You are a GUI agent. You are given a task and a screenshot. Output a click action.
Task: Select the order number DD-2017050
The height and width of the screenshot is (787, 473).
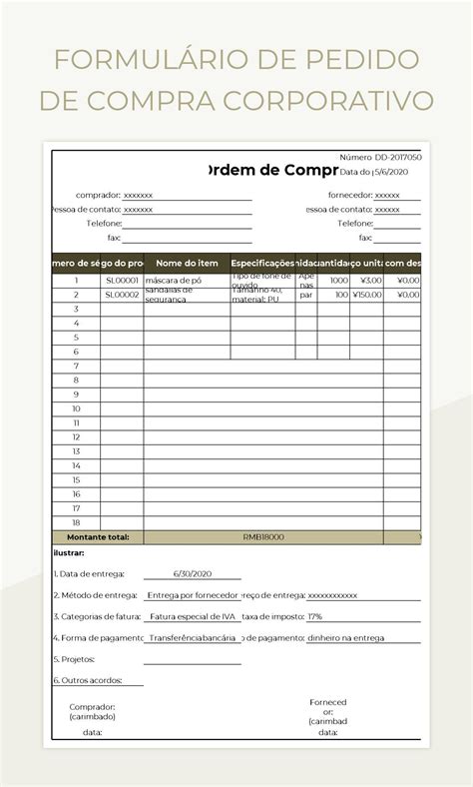(x=397, y=158)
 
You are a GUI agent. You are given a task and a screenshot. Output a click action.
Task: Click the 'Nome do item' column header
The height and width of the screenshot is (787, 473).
(x=187, y=263)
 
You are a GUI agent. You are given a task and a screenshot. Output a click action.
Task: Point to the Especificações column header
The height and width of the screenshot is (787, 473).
(x=262, y=263)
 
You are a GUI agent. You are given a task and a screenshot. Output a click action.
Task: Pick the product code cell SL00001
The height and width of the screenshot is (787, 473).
(x=122, y=281)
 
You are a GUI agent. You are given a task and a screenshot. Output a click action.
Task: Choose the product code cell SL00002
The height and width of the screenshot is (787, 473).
(x=122, y=295)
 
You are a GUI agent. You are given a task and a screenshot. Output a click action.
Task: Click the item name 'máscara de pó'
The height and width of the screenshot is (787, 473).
(x=176, y=281)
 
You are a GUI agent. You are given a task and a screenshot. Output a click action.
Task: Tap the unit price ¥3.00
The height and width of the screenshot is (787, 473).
(x=370, y=281)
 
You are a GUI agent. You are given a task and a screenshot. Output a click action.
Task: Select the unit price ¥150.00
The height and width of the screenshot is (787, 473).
(x=366, y=295)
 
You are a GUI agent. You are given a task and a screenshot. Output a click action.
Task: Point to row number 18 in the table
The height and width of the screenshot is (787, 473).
(x=76, y=522)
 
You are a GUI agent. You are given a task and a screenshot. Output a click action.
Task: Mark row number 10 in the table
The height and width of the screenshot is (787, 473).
(x=76, y=408)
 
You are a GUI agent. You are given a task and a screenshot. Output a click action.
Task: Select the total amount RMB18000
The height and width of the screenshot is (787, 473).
(x=263, y=537)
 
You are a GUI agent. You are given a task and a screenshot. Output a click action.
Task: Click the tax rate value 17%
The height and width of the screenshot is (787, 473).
(x=315, y=616)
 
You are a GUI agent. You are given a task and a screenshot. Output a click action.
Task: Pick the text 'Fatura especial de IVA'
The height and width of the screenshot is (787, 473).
(x=191, y=616)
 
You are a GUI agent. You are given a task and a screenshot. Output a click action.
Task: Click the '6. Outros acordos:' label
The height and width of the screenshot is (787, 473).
(x=88, y=680)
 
